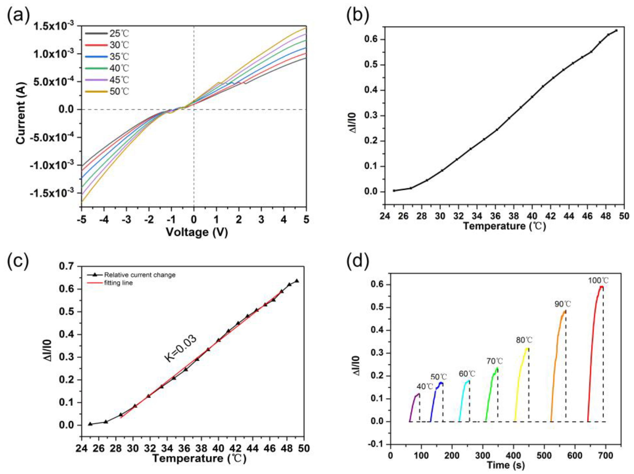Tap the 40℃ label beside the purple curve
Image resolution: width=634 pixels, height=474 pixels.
pos(424,387)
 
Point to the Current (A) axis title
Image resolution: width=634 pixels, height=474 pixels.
pos(21,113)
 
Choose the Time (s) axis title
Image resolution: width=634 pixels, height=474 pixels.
pos(506,465)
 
